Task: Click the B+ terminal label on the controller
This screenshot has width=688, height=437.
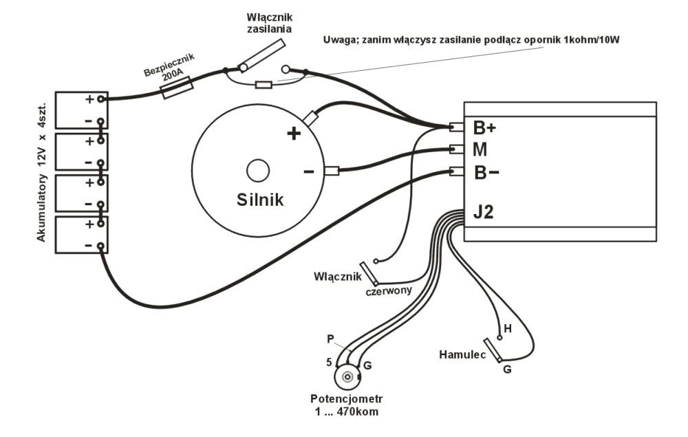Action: pyautogui.click(x=484, y=128)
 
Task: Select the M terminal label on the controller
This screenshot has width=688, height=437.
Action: pyautogui.click(x=480, y=149)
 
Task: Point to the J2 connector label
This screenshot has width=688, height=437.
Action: pyautogui.click(x=483, y=213)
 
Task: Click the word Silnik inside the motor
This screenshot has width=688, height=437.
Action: pyautogui.click(x=260, y=199)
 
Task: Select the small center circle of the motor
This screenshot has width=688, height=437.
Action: pyautogui.click(x=258, y=171)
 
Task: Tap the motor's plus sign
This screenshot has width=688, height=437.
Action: pyautogui.click(x=294, y=134)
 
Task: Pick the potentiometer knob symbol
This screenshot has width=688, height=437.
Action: pyautogui.click(x=347, y=377)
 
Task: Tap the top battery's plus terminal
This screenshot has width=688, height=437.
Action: pyautogui.click(x=101, y=98)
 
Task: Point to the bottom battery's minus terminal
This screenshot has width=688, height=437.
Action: pyautogui.click(x=101, y=246)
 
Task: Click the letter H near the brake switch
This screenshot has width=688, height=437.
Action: pyautogui.click(x=508, y=329)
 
